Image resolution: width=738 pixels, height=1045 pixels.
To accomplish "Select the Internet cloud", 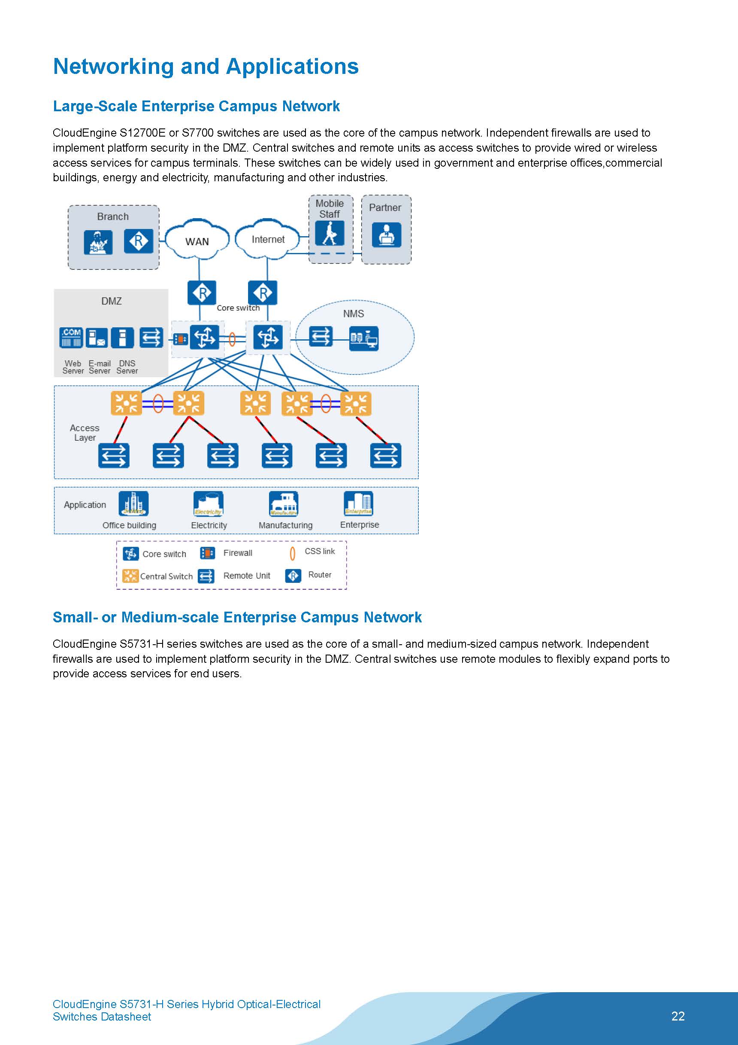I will [x=267, y=239].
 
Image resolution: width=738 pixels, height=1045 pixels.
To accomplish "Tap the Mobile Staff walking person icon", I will [x=330, y=233].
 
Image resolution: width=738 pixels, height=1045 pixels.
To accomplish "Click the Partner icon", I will [x=387, y=235].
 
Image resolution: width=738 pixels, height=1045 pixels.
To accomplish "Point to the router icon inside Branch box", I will [x=138, y=241].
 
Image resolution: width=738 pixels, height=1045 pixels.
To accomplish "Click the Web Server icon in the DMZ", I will [x=71, y=338].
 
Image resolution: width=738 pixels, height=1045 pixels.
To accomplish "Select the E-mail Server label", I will [x=100, y=367].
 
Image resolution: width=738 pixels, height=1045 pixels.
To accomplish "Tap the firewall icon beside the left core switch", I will [x=181, y=338].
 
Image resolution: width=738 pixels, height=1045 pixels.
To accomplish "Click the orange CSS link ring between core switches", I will [x=232, y=338].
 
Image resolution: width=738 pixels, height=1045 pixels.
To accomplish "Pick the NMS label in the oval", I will [x=353, y=314].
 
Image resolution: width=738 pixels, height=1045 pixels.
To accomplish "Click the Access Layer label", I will [x=85, y=433].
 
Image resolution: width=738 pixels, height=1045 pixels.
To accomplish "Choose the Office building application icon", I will [x=133, y=504].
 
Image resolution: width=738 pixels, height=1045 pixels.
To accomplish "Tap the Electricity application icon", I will [x=208, y=504].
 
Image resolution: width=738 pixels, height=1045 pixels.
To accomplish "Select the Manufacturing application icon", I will [x=283, y=504].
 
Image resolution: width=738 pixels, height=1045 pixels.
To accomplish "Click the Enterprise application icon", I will [x=358, y=503].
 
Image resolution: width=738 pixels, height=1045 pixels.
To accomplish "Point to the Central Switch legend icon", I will [x=130, y=576].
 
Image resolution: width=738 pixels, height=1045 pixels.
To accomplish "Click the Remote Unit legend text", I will [x=246, y=576].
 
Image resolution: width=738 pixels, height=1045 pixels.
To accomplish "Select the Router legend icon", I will [x=293, y=576].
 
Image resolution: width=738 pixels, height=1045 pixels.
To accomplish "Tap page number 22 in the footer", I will [x=678, y=1016].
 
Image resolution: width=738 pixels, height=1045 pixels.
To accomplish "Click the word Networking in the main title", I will [x=113, y=67].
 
